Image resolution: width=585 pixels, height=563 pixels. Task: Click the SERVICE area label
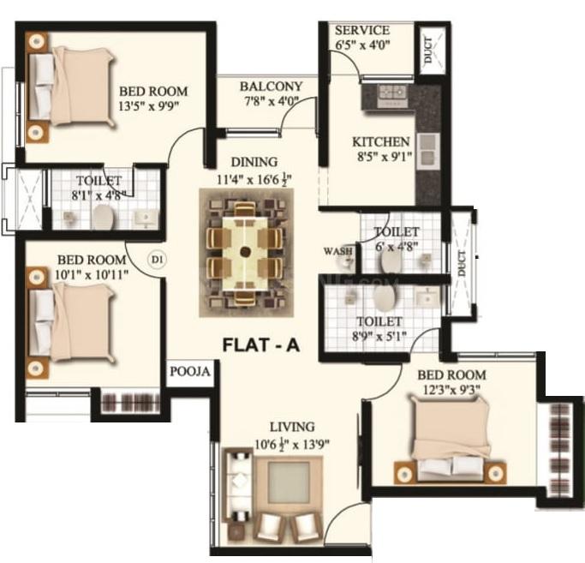[362, 30]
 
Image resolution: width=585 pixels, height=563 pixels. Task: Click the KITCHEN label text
[381, 141]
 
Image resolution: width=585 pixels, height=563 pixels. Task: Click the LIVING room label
[291, 426]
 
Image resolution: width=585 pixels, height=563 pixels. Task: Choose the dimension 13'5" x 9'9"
[152, 109]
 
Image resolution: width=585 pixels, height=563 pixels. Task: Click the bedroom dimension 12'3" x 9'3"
[451, 392]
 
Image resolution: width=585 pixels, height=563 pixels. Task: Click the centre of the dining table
[246, 252]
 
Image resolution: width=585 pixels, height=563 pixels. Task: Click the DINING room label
[254, 162]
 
